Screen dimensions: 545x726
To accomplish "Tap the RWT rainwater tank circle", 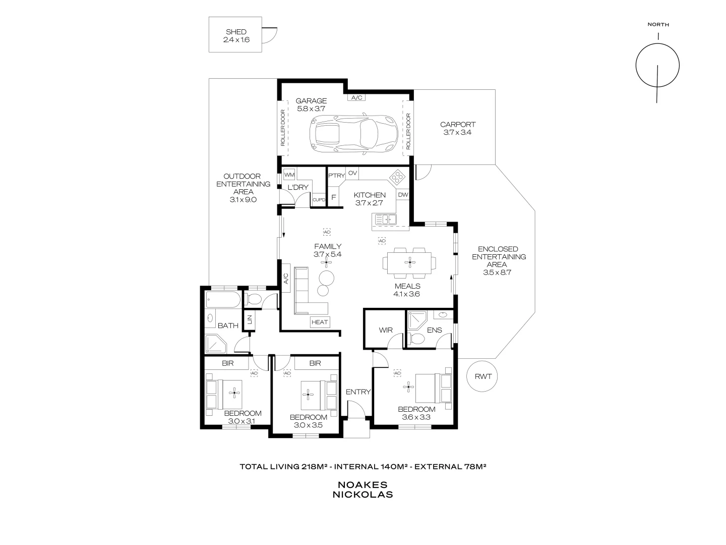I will (482, 376).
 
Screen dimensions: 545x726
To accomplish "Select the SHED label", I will (236, 32).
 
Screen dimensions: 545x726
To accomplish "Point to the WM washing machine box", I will (289, 175).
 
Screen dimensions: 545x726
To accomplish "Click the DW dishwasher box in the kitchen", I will (403, 195).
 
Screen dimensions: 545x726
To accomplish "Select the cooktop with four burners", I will (397, 177).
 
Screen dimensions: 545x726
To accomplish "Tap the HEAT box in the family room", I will (320, 322).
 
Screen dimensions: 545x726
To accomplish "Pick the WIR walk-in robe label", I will (386, 330).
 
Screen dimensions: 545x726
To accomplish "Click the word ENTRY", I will (358, 392).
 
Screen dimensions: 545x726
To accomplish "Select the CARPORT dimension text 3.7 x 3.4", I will (457, 132).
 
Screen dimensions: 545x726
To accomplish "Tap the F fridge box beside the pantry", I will (333, 197).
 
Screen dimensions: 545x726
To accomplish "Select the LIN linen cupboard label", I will (249, 319).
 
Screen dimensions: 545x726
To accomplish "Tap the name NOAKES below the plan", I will (362, 484).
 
